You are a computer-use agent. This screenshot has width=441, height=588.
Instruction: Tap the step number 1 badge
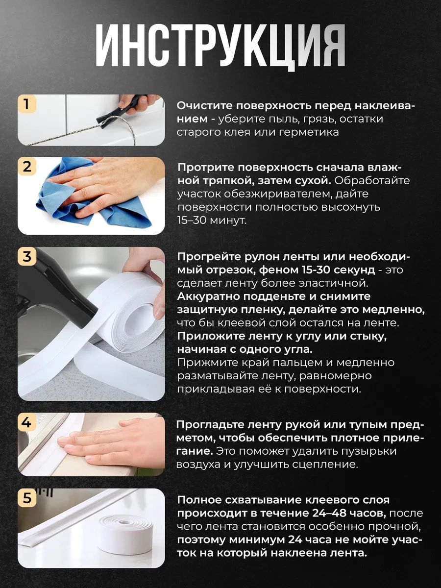pyautogui.click(x=27, y=104)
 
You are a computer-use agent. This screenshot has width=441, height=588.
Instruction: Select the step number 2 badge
pyautogui.click(x=27, y=167)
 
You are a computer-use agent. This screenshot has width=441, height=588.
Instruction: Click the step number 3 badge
pyautogui.click(x=27, y=256)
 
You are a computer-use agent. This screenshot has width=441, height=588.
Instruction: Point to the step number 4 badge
pyautogui.click(x=27, y=423)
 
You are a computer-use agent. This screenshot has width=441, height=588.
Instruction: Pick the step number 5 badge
pyautogui.click(x=27, y=498)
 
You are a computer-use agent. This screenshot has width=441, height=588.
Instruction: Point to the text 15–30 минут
pyautogui.click(x=212, y=220)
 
